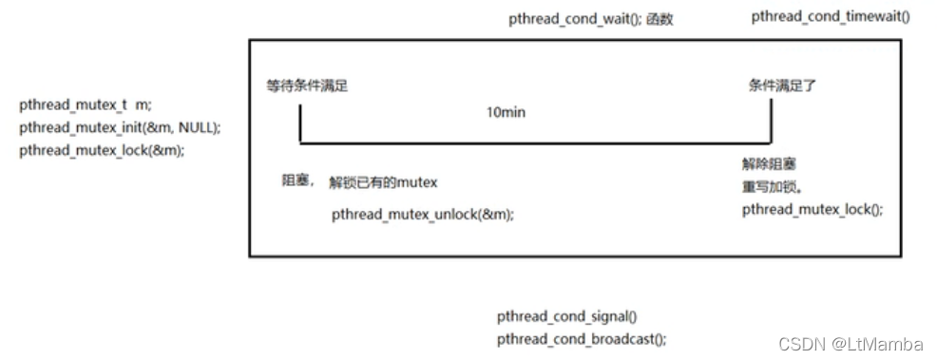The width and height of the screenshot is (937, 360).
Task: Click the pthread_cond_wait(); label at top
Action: point(576,18)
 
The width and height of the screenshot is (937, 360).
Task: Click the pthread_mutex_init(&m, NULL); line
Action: point(120,127)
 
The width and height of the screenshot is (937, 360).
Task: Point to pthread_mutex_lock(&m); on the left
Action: point(102,150)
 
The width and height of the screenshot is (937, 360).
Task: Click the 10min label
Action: point(506,112)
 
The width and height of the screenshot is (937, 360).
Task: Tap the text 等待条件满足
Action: point(307,85)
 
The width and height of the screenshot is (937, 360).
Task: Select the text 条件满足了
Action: point(782,85)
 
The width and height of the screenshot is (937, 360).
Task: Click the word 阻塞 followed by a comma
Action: point(297,181)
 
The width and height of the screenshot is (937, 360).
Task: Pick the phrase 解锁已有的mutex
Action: point(383,182)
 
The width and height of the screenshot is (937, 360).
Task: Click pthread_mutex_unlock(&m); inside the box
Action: point(423,215)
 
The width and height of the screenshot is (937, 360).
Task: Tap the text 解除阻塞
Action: point(765,163)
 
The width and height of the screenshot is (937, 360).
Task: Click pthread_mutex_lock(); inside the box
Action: point(812,209)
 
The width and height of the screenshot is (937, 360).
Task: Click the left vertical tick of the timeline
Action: point(299,123)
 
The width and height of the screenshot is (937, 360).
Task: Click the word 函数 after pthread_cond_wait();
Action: point(660,18)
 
